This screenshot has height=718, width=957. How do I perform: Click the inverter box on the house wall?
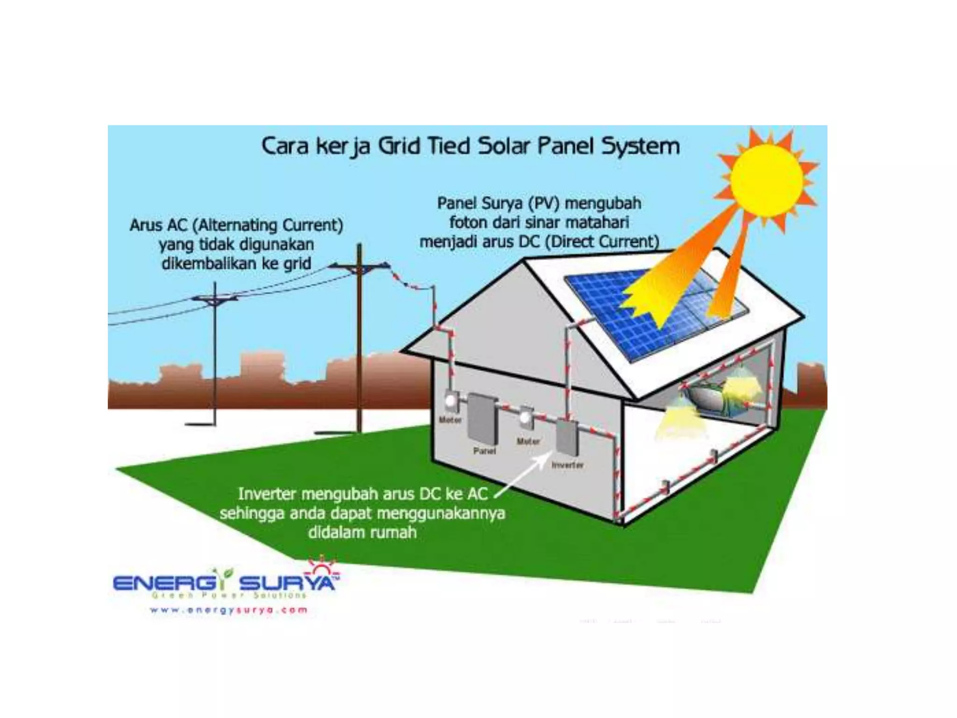pyautogui.click(x=567, y=437)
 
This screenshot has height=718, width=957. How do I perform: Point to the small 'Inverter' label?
pyautogui.click(x=567, y=465)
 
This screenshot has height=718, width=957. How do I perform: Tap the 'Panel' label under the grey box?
pyautogui.click(x=484, y=451)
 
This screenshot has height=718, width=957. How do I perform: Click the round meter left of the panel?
pyautogui.click(x=450, y=401)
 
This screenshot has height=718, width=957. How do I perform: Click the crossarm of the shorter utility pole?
pyautogui.click(x=214, y=298)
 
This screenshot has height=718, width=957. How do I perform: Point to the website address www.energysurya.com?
pyautogui.click(x=229, y=610)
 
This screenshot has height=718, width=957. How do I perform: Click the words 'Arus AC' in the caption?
pyautogui.click(x=158, y=225)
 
